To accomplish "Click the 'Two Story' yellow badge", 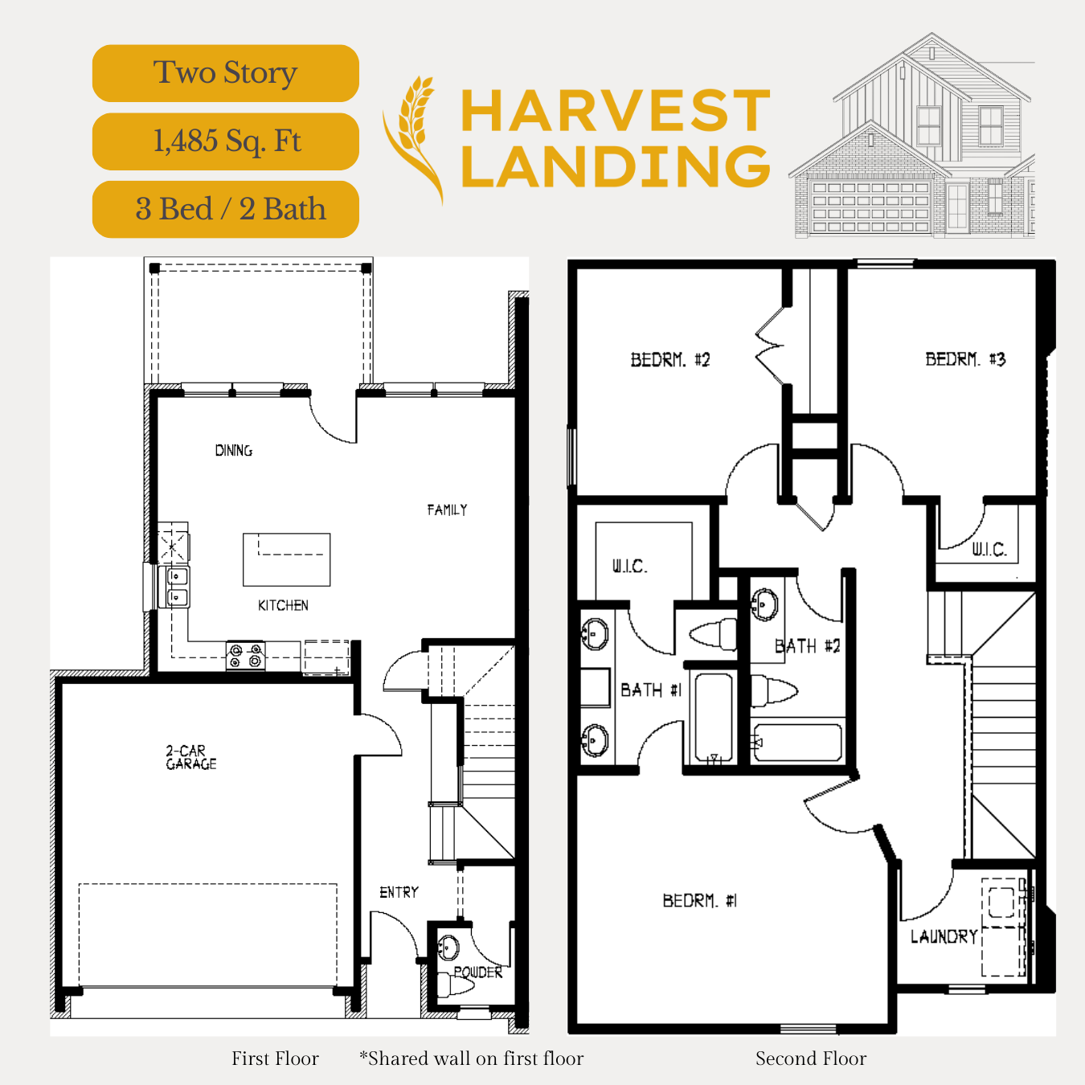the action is tap(225, 73).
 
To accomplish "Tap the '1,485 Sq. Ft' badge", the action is tap(225, 141).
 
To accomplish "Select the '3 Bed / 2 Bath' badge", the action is tap(225, 210).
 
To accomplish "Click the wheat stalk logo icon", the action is tap(412, 140).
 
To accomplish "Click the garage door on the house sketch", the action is tap(870, 206).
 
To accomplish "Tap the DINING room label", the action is tap(234, 450).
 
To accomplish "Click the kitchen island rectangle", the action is tap(287, 559).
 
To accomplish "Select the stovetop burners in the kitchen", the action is tap(245, 656).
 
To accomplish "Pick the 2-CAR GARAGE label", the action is tap(190, 757).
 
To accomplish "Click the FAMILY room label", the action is tap(447, 510).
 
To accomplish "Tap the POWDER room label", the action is tap(478, 972).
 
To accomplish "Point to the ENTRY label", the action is tap(399, 892).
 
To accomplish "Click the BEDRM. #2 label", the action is tap(670, 360).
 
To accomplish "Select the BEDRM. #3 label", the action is tap(965, 359).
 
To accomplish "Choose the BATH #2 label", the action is tap(808, 646).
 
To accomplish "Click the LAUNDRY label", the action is tap(944, 937).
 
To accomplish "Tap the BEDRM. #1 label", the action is tap(700, 901).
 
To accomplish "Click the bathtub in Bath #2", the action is tap(798, 743).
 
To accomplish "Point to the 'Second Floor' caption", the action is tap(811, 1058).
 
